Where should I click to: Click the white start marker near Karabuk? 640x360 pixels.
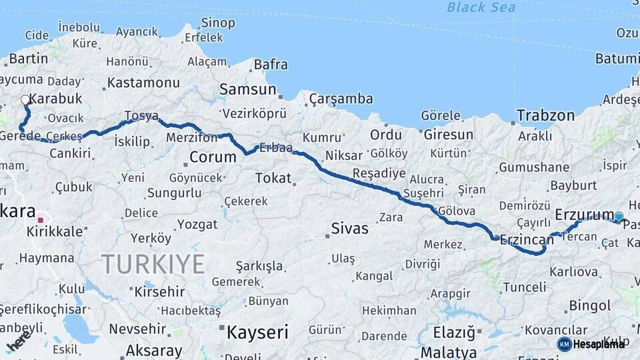point(25,100)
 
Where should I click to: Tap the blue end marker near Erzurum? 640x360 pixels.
point(619,217)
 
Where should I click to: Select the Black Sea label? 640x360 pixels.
point(482,7)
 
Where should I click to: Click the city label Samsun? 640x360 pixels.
point(248,89)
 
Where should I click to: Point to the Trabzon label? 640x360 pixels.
point(545,115)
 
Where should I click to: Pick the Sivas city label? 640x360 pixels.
point(349,229)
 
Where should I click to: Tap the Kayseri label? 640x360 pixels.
point(257,331)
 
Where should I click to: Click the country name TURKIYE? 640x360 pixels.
point(153,265)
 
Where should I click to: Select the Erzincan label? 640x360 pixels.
point(527,239)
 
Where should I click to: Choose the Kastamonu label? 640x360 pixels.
point(143,83)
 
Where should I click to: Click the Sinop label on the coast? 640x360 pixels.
point(218,23)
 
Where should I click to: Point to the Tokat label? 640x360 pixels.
point(273,178)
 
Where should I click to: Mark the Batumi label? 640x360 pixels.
point(617,59)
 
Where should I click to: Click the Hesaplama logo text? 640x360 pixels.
point(599,344)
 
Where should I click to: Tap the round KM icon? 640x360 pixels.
point(564,344)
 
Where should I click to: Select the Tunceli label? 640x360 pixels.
point(524,287)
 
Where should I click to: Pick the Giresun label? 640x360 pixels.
point(448,135)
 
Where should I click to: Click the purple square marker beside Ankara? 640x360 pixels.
point(41,219)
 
